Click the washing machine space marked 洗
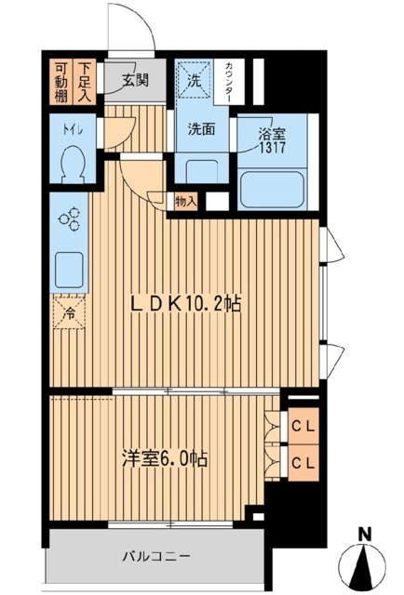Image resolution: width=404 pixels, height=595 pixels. (195, 80)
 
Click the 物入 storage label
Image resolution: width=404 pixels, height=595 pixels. (185, 200)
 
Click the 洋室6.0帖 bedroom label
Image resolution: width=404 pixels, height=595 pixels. (166, 459)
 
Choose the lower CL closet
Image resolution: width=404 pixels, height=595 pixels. (302, 462)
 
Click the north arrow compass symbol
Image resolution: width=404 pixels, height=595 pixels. (367, 558)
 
